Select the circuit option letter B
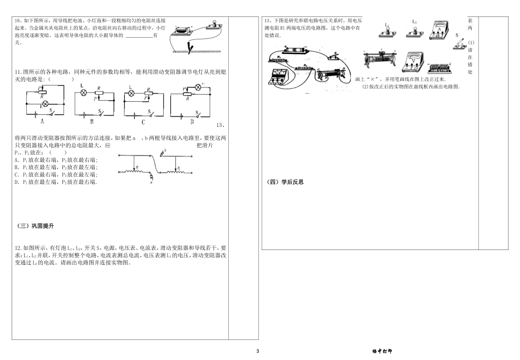pyautogui.click(x=93, y=121)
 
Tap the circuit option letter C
pyautogui.click(x=143, y=121)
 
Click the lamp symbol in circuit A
pyautogui.click(x=45, y=103)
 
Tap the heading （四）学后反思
pyautogui.click(x=285, y=182)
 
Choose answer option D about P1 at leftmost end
pyautogui.click(x=55, y=181)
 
